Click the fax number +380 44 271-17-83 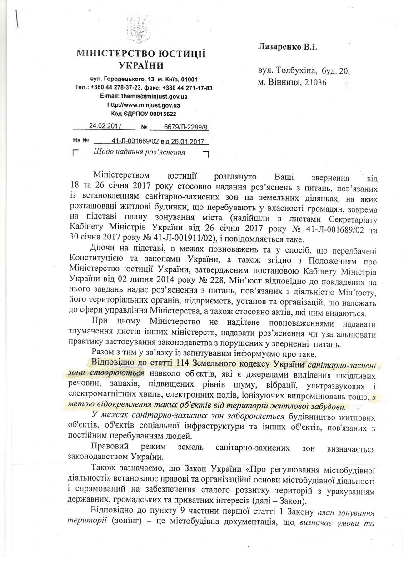[187, 88]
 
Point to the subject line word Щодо [102, 152]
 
